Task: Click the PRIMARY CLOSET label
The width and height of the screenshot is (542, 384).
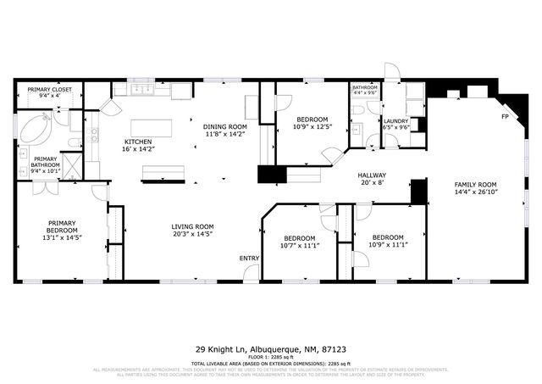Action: (50, 89)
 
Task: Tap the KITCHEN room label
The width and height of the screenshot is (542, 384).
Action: (139, 142)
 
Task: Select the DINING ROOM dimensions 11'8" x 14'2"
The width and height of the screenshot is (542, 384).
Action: (224, 134)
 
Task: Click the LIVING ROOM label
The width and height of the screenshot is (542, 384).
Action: (192, 226)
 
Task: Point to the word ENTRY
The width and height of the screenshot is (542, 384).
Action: (249, 258)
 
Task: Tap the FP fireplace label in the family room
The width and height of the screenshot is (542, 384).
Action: (505, 116)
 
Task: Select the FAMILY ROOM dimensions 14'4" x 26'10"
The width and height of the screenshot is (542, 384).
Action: (475, 192)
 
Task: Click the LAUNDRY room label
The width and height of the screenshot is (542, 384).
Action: (395, 121)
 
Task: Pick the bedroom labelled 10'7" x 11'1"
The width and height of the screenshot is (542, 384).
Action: (299, 242)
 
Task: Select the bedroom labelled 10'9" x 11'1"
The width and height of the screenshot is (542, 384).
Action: (389, 241)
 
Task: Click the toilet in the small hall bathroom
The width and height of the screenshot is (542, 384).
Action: (359, 109)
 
